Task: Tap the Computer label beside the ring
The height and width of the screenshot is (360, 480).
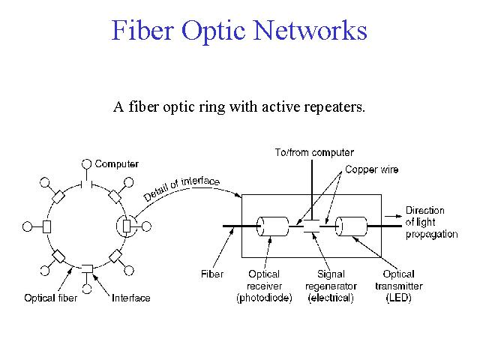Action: click(117, 164)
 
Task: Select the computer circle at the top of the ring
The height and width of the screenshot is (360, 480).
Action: click(87, 164)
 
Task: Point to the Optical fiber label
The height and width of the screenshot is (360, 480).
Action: click(50, 298)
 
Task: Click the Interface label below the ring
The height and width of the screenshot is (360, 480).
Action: click(131, 298)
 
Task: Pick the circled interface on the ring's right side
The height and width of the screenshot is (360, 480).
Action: click(127, 226)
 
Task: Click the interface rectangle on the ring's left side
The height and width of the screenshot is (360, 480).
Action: click(46, 226)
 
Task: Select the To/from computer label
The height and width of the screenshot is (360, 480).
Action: click(314, 152)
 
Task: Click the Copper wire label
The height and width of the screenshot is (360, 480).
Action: click(372, 169)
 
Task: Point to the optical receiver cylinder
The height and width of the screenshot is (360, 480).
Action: click(272, 226)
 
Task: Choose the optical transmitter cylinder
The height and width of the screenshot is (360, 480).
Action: click(351, 226)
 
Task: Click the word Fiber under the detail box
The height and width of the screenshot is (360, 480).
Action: click(212, 274)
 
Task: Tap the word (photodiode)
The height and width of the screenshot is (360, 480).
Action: click(264, 298)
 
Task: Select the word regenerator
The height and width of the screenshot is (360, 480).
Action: click(331, 286)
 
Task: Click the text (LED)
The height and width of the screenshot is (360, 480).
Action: click(398, 298)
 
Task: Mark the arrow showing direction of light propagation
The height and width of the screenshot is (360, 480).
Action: click(393, 216)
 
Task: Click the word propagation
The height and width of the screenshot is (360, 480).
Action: click(432, 234)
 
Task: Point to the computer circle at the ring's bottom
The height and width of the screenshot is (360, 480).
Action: click(87, 289)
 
